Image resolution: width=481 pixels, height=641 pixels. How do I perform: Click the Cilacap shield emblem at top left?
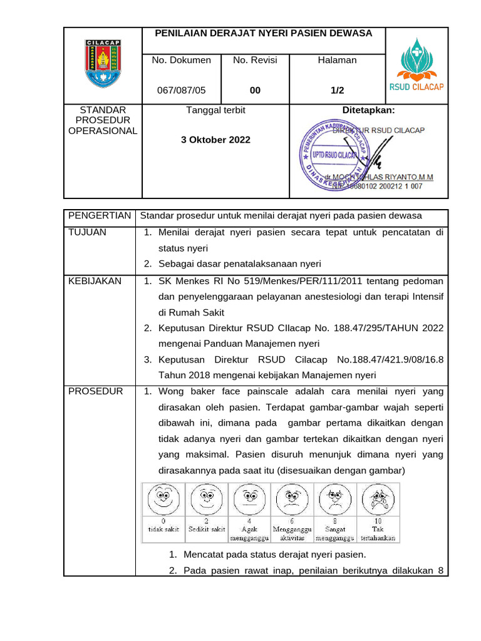coord(103,64)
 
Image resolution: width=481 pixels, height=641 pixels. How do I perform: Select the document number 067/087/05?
coord(181,90)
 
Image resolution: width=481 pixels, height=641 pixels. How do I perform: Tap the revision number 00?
coord(255,90)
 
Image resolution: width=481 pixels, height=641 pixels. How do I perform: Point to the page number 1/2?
coord(338,90)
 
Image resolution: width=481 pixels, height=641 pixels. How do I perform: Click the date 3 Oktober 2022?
coord(215,140)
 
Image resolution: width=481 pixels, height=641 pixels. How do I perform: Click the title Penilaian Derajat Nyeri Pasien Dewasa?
coord(264,33)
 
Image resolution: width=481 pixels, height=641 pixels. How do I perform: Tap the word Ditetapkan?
coord(368,110)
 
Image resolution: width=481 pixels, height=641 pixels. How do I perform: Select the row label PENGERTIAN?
coord(100,215)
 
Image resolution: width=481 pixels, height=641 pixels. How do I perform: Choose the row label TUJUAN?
coord(88,232)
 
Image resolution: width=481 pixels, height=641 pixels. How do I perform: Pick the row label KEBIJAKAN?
coord(95,281)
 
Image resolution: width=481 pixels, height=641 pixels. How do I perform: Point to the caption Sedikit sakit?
coord(207,529)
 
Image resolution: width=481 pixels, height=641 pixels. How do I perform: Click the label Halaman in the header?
coord(337,60)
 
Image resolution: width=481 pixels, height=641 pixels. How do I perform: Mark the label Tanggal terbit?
coord(216,110)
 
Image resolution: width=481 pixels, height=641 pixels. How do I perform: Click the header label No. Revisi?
coord(255,60)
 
